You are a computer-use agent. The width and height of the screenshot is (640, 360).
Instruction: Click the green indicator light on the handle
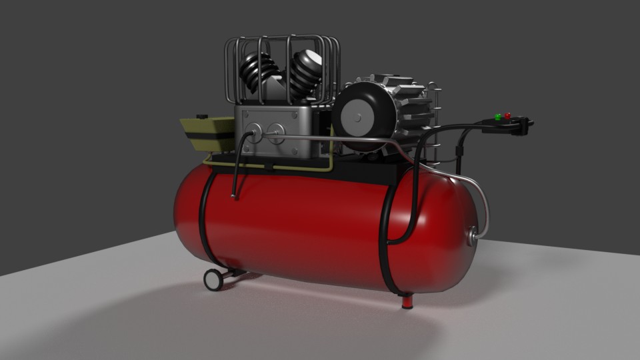[x=497, y=117]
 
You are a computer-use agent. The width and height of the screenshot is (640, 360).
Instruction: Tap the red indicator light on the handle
[x=507, y=116]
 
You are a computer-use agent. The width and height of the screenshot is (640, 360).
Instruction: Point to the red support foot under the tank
[x=407, y=301]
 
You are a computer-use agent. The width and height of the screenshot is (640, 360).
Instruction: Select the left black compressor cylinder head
[x=253, y=72]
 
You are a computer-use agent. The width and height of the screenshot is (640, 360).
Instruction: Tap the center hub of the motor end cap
[x=358, y=117]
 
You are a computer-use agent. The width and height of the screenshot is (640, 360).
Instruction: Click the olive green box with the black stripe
[x=207, y=134]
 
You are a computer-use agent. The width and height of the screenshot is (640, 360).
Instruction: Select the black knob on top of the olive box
[x=200, y=116]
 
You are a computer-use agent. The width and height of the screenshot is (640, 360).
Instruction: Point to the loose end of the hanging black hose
[x=233, y=195]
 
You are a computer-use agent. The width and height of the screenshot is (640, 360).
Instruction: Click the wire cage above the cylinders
[x=283, y=47]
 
